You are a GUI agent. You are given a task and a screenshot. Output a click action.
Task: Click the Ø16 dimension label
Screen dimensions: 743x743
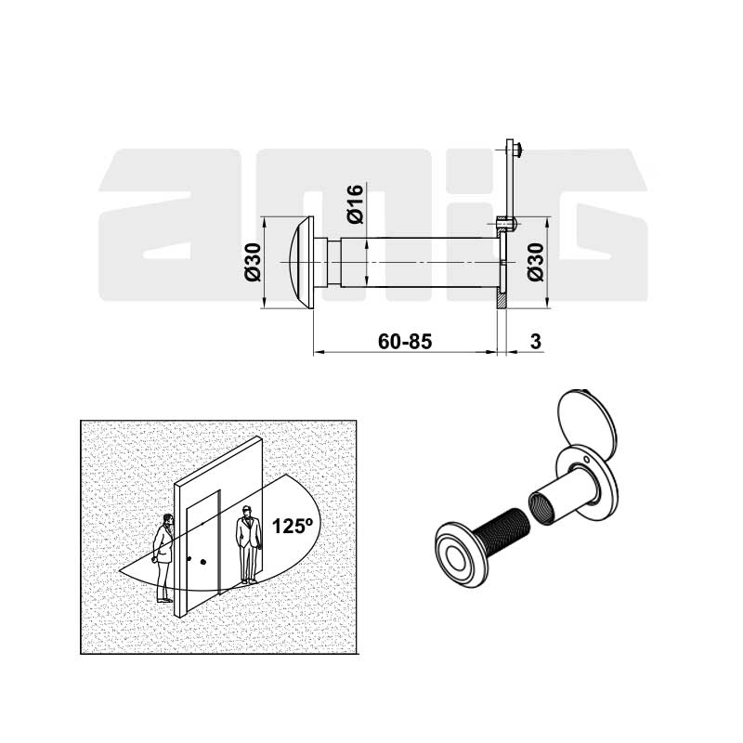[x=356, y=203]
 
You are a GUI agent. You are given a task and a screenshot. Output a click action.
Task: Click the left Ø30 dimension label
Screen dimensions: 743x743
[x=253, y=262]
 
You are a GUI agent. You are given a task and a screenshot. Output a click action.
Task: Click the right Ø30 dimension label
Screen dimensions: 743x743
[x=536, y=262]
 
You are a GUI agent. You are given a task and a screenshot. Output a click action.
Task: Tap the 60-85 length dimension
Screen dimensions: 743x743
[x=405, y=341]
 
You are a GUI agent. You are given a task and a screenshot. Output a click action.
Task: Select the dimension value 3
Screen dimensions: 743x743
[x=536, y=341]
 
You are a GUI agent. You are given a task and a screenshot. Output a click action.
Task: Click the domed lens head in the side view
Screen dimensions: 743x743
[x=301, y=263]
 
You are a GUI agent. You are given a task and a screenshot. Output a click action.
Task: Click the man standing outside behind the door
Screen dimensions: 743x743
[x=249, y=545]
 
